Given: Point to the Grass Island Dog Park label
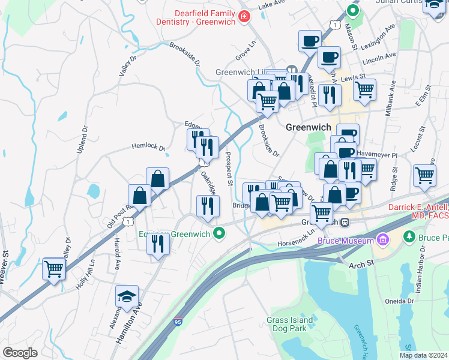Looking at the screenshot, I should click(290, 325).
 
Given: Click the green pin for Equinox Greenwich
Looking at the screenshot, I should click(220, 233).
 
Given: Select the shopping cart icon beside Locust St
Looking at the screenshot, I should click(424, 175).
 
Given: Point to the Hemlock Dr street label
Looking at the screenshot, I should click(148, 146).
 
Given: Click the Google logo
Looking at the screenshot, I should click(20, 352).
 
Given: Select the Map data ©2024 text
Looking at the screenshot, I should click(423, 355).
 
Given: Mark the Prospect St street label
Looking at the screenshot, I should click(228, 168).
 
